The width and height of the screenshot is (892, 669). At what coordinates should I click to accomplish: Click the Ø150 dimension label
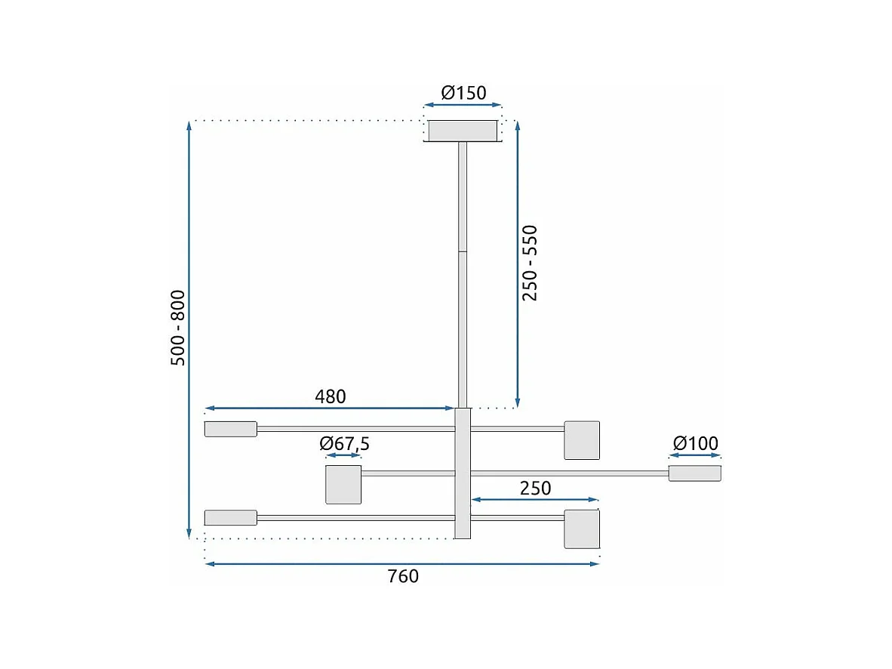[x=463, y=93]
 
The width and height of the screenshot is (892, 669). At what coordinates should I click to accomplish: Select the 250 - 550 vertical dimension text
[x=531, y=263]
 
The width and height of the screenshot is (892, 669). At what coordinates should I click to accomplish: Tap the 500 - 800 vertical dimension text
[x=178, y=328]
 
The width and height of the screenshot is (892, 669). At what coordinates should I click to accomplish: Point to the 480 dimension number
[x=330, y=396]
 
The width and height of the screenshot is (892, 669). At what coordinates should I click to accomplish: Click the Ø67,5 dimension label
[x=344, y=444]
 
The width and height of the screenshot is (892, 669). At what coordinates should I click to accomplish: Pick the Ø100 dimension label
[x=695, y=443]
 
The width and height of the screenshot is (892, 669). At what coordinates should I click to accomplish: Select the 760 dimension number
[x=403, y=577]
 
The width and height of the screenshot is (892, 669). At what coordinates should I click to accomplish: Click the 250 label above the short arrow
[x=535, y=489]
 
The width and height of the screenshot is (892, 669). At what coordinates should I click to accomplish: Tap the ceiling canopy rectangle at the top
[x=463, y=131]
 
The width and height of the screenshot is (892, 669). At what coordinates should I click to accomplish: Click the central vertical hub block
[x=463, y=473]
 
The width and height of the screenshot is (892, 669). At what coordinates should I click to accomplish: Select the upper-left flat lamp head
[x=231, y=429]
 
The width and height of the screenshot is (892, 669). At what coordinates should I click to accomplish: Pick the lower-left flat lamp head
[x=231, y=517]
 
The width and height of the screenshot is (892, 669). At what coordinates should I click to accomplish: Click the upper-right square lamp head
[x=582, y=440]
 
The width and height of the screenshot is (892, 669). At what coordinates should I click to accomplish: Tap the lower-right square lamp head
[x=582, y=529]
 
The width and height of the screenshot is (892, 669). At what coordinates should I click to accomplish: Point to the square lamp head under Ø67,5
[x=343, y=485]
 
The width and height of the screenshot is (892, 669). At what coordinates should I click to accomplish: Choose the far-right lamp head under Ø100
[x=695, y=473]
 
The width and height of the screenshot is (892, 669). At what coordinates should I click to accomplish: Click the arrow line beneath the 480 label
[x=330, y=408]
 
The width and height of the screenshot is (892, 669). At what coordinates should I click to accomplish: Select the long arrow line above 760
[x=402, y=563]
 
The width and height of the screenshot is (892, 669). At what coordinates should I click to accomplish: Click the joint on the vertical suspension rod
[x=463, y=251]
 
